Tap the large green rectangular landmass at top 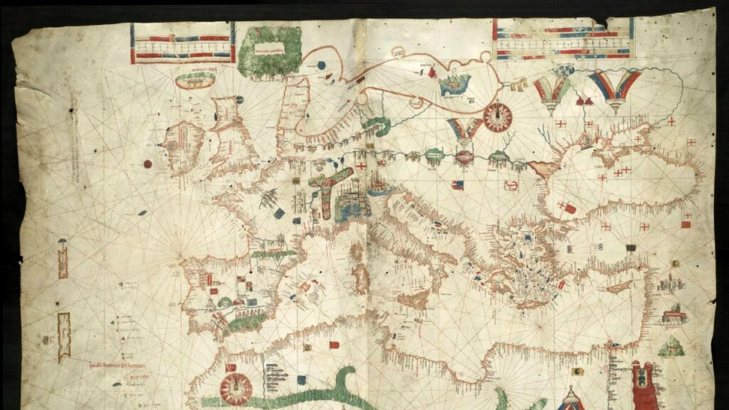(268, 51)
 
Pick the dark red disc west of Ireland (147, 164)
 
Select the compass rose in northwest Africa (235, 390)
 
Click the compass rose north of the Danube (498, 116)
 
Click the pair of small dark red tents (585, 100)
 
